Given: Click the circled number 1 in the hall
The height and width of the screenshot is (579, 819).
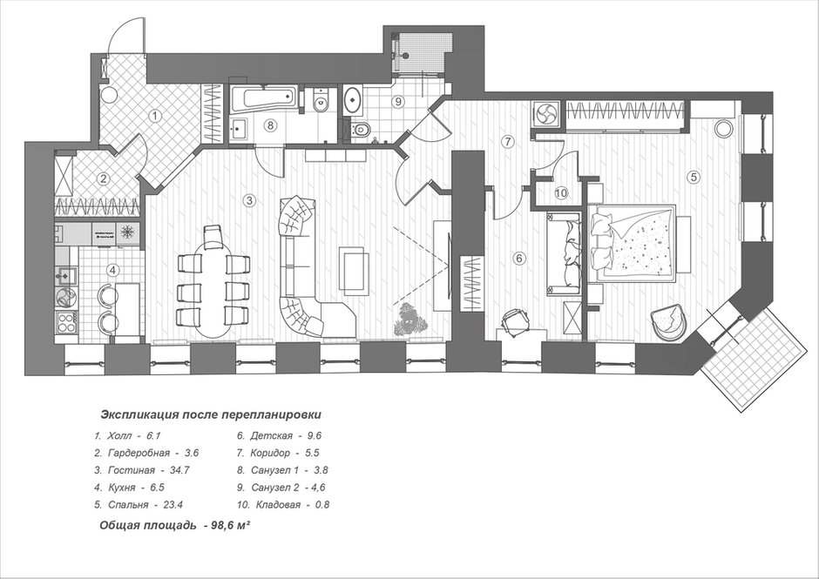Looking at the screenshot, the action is pos(154,116).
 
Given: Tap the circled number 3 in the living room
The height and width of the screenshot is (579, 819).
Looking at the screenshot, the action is pos(250,200).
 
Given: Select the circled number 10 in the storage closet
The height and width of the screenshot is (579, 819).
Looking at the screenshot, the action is pos(561,193).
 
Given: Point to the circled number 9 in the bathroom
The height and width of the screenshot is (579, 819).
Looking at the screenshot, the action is pos(398,101).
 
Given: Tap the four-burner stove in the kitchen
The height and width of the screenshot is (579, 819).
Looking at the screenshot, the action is pos(66,323).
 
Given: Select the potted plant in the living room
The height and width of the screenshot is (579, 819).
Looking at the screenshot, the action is pos(410,319).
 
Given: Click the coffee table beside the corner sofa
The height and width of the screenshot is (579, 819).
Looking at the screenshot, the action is pos(354,268).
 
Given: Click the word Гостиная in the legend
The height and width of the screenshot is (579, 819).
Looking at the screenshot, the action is pos(132,470).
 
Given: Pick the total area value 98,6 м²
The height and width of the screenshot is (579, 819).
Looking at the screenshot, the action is pos(229,526).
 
